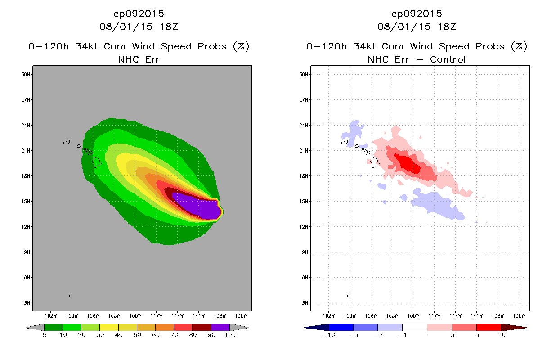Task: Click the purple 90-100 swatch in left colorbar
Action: (x=220, y=328)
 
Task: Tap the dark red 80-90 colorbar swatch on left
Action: (x=202, y=328)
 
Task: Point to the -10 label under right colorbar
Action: (x=329, y=335)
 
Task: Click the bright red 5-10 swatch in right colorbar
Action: (x=489, y=328)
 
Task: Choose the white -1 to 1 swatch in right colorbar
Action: (x=414, y=328)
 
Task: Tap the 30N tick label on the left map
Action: (x=26, y=75)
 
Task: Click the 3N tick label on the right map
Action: (x=305, y=303)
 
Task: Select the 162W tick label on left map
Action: (x=51, y=315)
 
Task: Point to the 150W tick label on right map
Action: (x=413, y=315)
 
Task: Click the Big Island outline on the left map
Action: (x=97, y=162)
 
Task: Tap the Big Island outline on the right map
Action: (x=375, y=162)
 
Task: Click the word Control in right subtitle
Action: (x=448, y=59)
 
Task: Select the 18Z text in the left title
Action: (x=169, y=27)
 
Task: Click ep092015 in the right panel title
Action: (x=417, y=13)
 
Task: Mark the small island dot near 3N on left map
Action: (x=69, y=296)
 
